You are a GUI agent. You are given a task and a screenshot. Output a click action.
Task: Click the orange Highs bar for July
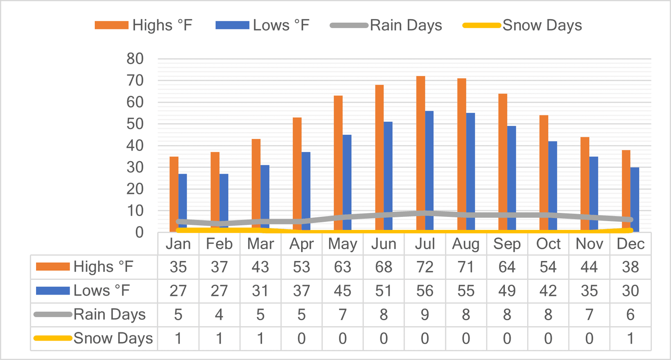coord(421,154)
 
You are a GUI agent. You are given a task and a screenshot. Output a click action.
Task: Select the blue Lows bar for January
coord(183,203)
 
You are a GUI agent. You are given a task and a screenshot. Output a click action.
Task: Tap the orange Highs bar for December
coord(626,191)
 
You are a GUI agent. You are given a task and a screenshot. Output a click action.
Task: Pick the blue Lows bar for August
coord(471,172)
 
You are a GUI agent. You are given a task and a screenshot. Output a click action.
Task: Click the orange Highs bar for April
coord(297,175)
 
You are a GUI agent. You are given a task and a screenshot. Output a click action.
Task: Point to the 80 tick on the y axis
coord(135,59)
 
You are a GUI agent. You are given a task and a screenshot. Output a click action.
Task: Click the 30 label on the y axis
coord(135,167)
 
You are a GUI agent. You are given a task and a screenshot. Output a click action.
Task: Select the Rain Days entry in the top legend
coord(386,25)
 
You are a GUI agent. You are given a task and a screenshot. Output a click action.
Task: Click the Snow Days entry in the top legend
coord(522,25)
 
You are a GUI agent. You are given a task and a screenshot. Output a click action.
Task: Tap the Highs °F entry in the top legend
coord(143,25)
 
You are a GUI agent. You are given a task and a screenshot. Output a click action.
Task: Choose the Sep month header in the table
coord(507,244)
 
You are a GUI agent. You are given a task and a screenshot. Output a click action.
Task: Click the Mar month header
coord(260,244)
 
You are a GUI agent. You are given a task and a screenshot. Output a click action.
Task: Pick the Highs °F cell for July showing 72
coord(425,267)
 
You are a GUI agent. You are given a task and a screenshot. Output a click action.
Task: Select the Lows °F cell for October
coord(548,291)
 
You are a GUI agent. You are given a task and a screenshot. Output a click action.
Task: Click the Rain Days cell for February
coord(219,315)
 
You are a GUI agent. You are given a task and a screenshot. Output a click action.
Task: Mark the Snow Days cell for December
coord(631,339)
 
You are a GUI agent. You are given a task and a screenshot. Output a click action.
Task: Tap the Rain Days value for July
coord(425,315)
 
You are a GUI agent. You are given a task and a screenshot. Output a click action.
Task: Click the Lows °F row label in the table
coord(101,291)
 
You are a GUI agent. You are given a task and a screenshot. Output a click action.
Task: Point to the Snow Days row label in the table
coord(113,339)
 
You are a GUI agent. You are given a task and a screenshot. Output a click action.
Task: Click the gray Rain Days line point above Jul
coord(425,213)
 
